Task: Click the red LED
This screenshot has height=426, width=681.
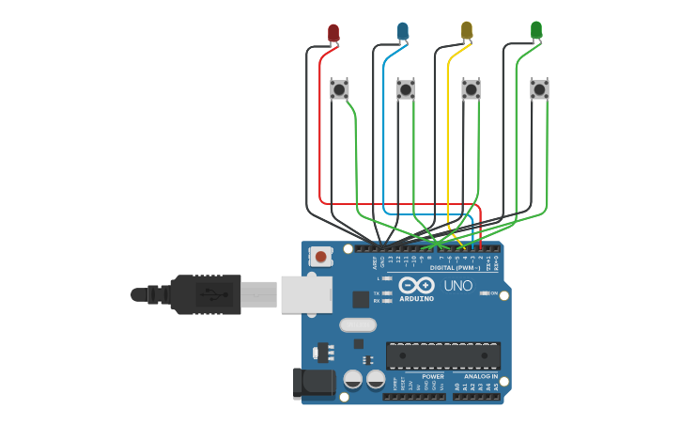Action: [x=333, y=33]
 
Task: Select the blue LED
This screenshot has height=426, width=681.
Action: [x=403, y=33]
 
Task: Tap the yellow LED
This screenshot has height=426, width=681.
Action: [x=467, y=31]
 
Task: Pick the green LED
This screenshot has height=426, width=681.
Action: [x=536, y=31]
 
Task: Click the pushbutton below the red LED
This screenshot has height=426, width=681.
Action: [x=340, y=89]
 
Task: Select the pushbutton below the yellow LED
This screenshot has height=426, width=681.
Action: [x=471, y=89]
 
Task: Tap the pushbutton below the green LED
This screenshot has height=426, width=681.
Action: [x=539, y=89]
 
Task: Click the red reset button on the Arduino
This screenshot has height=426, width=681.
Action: [x=321, y=256]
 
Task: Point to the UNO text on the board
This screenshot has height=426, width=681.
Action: [x=457, y=286]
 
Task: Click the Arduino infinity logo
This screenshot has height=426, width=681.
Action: [x=415, y=285]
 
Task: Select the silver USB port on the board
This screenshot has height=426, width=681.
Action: [x=306, y=293]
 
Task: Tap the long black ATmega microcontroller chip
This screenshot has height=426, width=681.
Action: [x=442, y=355]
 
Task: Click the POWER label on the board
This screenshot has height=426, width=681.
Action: [x=433, y=376]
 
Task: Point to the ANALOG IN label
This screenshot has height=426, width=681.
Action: [x=481, y=376]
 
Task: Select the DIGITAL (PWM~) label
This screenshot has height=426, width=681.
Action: [x=456, y=268]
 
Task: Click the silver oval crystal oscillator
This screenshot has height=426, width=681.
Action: [x=358, y=325]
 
